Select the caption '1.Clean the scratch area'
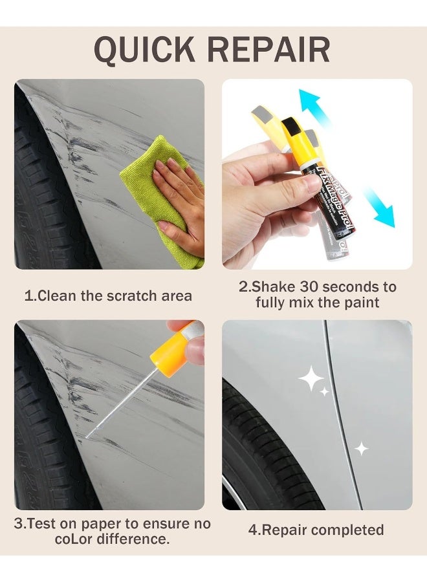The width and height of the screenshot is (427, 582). (108, 296)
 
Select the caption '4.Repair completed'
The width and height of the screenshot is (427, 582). (316, 530)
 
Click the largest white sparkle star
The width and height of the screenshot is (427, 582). (311, 379)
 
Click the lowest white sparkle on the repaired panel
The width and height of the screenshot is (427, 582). (361, 448)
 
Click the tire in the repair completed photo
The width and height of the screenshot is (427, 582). (259, 453)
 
